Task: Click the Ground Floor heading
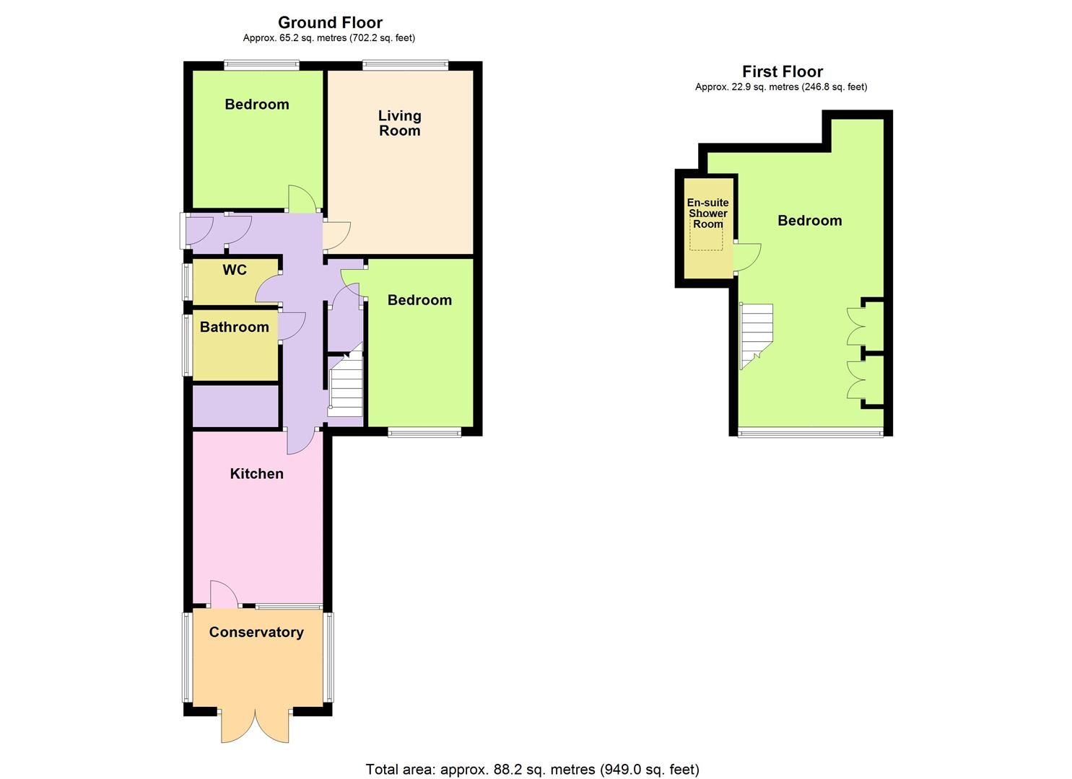click(330, 22)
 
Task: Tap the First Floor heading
click(783, 71)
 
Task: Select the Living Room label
click(399, 123)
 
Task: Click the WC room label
click(235, 270)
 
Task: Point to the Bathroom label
click(234, 327)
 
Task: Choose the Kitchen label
click(256, 474)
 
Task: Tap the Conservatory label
click(256, 633)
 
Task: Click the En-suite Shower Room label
click(707, 214)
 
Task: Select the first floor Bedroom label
click(809, 221)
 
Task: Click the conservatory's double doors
click(256, 726)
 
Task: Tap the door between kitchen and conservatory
click(224, 594)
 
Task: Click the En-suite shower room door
click(748, 258)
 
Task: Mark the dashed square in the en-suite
click(706, 239)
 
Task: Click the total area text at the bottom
click(532, 770)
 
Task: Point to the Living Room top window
click(405, 66)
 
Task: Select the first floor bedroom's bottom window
click(809, 433)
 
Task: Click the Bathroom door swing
click(292, 326)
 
